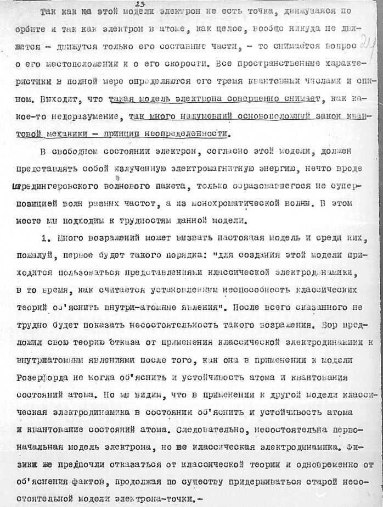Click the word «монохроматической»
(230, 204)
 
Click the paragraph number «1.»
(46, 240)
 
